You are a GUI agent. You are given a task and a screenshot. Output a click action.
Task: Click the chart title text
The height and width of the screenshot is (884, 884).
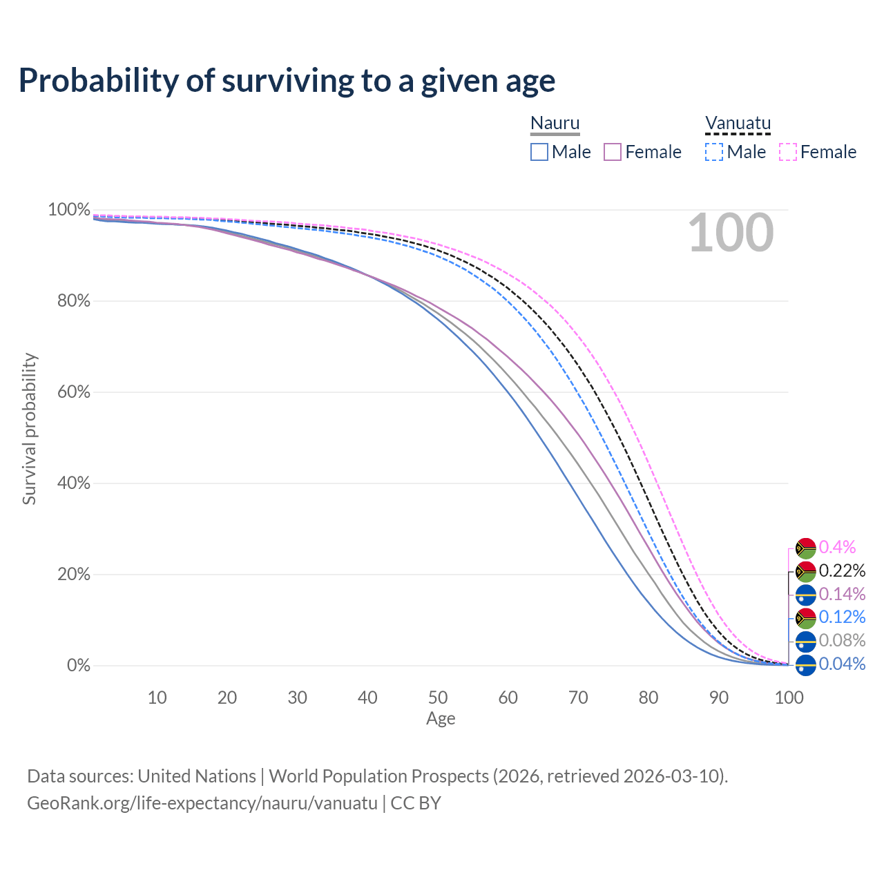(287, 81)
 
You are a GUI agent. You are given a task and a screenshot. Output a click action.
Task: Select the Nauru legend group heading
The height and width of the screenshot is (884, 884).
(555, 124)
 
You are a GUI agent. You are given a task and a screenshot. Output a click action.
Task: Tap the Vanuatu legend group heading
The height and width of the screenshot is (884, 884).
(738, 124)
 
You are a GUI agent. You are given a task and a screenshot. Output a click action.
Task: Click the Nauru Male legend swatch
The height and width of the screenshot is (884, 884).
(539, 152)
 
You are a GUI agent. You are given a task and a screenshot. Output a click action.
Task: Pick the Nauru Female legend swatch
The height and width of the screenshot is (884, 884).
(613, 152)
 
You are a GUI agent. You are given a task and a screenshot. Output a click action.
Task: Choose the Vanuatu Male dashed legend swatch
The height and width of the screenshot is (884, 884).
(714, 152)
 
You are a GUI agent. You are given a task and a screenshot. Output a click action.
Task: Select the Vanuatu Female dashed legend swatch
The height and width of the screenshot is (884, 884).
(788, 152)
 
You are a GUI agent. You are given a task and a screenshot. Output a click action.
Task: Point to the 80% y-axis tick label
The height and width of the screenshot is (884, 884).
(69, 301)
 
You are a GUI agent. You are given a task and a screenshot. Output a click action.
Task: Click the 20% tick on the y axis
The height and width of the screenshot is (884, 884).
(69, 575)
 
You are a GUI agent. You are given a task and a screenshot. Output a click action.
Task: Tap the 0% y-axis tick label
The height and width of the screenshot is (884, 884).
(78, 666)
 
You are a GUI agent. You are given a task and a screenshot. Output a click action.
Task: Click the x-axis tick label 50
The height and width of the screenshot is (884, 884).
(438, 698)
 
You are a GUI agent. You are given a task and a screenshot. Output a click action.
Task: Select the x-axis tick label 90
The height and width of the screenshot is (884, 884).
(719, 698)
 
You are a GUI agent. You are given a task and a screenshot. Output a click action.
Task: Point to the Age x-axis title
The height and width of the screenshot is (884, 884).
(441, 719)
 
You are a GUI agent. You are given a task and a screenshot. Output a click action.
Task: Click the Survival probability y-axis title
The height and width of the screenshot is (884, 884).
(29, 429)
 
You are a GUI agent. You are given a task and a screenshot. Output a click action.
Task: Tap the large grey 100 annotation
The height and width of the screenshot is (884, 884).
(731, 233)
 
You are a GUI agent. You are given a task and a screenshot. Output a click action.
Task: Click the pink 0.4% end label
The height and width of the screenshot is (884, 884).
(837, 548)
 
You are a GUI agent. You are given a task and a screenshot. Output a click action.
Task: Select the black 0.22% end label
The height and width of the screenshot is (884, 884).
(842, 571)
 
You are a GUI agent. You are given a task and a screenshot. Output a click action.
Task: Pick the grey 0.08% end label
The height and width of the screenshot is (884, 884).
(842, 640)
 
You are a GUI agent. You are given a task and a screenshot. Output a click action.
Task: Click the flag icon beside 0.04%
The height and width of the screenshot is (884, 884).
(806, 665)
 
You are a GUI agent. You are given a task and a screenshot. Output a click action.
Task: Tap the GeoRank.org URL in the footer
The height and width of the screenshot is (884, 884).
(202, 803)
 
